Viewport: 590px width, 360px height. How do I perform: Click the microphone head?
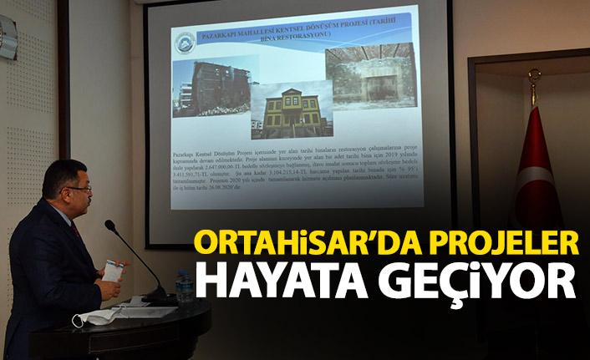(x=109, y=226)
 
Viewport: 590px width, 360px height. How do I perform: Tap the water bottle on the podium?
(x=184, y=286)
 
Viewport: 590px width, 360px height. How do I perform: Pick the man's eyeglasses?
(x=79, y=189)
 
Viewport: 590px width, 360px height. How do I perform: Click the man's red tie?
(x=76, y=229)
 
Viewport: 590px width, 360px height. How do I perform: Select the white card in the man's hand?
(x=112, y=272)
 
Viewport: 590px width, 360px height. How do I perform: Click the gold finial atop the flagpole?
(x=534, y=77)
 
